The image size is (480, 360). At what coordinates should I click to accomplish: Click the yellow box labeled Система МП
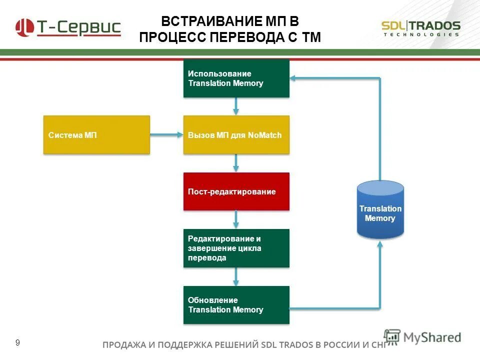point(96,134)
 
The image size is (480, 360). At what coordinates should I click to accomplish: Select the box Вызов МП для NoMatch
point(236,134)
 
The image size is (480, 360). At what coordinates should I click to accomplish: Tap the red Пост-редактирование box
point(236,191)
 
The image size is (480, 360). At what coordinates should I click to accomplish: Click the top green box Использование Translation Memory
point(236,78)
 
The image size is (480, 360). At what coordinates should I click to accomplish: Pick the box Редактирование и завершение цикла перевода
point(236,248)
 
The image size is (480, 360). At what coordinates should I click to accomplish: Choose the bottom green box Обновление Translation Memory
point(236,304)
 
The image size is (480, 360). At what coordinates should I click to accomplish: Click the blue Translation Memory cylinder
point(380,210)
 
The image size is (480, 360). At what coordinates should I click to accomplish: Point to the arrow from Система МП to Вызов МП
point(166,134)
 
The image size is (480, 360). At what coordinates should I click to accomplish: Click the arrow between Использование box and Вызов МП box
point(236,106)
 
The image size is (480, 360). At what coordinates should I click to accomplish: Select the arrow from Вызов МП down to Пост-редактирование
point(236,163)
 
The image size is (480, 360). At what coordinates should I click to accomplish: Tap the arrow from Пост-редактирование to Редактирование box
point(236,219)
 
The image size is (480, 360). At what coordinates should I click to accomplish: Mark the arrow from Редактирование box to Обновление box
point(236,276)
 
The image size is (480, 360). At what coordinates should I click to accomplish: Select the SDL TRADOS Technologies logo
point(420,28)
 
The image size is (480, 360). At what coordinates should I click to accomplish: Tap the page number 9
point(18,342)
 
